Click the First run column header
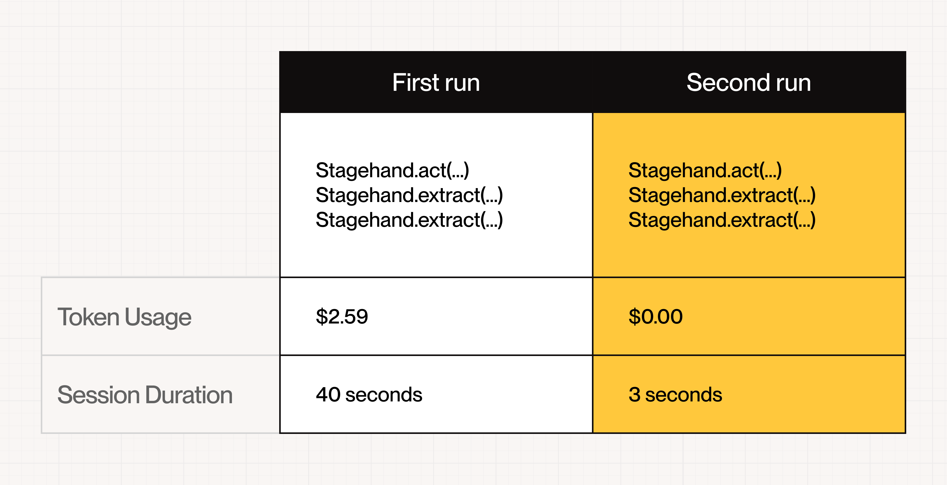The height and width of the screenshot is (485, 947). tap(436, 82)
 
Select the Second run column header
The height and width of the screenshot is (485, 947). tap(749, 82)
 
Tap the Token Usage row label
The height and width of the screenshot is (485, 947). tap(124, 317)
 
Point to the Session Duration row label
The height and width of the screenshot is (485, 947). tap(145, 395)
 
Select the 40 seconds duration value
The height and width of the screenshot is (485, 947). tap(369, 395)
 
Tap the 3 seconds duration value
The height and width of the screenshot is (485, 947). tap(675, 395)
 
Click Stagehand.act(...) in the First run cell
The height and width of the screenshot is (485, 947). tap(392, 171)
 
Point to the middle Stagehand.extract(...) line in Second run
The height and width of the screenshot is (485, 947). tap(722, 195)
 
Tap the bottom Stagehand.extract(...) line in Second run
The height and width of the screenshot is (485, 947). tap(722, 220)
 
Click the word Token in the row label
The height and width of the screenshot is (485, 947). tap(88, 317)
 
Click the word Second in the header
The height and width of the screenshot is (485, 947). tap(728, 82)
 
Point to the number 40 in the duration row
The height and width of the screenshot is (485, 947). tap(328, 395)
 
